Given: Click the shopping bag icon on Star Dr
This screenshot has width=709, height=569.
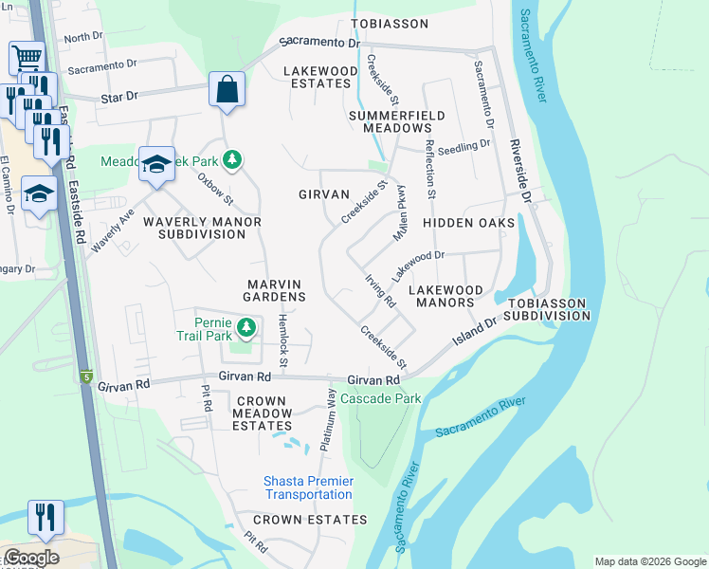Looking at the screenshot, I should [x=227, y=91].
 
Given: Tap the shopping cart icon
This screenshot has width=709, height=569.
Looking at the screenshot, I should [x=27, y=58].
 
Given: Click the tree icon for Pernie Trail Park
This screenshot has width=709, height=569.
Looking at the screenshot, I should [x=247, y=328].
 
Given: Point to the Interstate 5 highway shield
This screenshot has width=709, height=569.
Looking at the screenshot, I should [x=86, y=376].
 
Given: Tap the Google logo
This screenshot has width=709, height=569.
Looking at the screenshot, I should [x=31, y=558].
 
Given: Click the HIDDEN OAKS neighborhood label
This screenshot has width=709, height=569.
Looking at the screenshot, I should [x=468, y=223].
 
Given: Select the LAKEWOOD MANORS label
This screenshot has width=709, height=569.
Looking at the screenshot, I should [x=445, y=296].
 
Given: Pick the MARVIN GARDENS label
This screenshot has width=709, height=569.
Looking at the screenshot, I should [x=276, y=290].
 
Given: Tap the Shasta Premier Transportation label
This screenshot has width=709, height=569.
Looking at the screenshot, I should [x=309, y=488].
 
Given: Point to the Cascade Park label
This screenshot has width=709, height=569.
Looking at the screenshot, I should [x=380, y=398].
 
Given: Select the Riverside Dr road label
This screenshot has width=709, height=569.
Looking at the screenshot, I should [x=519, y=172].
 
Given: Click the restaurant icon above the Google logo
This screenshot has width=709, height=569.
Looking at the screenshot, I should [x=45, y=517].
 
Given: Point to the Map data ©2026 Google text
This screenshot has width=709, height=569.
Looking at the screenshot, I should [x=650, y=561].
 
